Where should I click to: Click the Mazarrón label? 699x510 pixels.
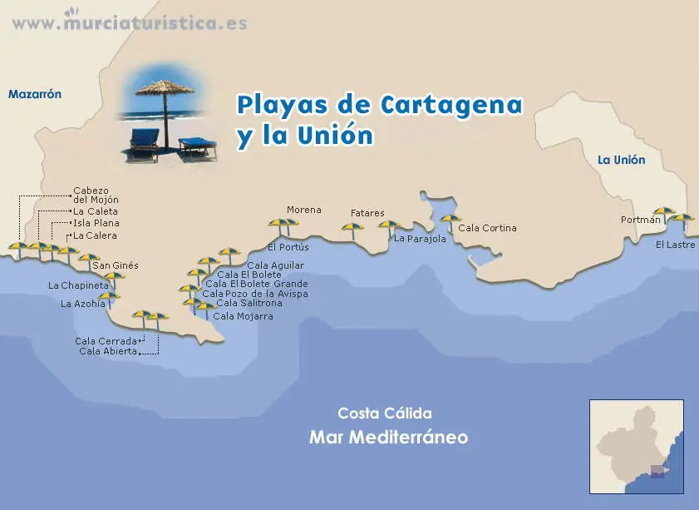(35, 95)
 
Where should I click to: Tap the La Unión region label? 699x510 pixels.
(621, 160)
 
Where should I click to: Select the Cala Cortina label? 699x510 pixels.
(487, 228)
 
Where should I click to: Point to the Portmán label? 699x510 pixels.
(640, 220)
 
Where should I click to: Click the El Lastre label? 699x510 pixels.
(675, 245)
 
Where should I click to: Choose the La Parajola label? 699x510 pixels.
(420, 239)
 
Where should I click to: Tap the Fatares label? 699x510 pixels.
(367, 213)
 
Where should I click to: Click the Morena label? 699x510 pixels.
(303, 210)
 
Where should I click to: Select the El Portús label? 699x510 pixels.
(288, 247)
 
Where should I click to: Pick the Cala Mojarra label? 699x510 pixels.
(243, 316)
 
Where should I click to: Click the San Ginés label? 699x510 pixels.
(115, 265)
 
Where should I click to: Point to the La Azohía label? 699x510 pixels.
(83, 305)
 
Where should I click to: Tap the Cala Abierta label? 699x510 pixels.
(107, 351)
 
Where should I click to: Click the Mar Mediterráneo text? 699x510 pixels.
(388, 438)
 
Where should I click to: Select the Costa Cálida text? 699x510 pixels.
(384, 413)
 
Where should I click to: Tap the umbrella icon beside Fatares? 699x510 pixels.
(352, 229)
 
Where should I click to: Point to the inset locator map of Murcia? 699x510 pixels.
(636, 446)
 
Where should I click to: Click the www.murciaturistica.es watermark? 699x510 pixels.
(129, 22)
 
